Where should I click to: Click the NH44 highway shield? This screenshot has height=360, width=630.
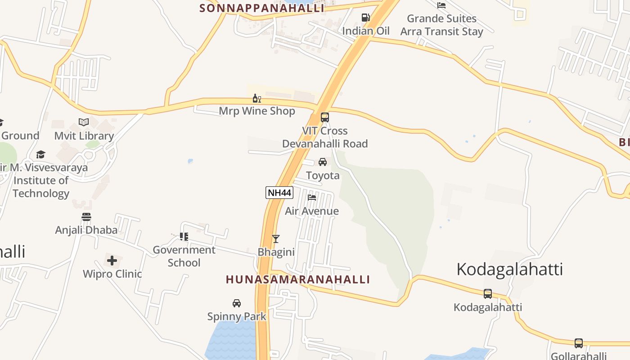[279, 193]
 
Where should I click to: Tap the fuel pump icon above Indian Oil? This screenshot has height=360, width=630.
[365, 18]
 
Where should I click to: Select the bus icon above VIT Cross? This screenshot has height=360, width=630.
[324, 117]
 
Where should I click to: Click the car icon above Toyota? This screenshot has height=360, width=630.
[323, 162]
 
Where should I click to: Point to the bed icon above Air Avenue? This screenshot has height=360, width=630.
[311, 197]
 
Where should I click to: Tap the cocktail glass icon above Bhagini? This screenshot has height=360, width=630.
[276, 238]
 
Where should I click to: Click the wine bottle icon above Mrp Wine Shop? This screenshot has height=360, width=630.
[256, 98]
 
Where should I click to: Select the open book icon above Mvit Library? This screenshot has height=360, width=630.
[84, 122]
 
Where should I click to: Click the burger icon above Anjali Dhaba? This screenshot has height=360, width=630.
[86, 216]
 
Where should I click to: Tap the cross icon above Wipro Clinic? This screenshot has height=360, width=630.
[112, 260]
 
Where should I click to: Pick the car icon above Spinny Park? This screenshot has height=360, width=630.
[237, 303]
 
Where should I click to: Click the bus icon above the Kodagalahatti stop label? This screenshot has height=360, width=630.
[487, 294]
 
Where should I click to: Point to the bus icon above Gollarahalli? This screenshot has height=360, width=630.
[579, 343]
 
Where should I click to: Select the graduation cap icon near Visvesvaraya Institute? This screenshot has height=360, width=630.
[41, 154]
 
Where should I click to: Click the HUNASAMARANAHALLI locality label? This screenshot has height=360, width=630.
[298, 279]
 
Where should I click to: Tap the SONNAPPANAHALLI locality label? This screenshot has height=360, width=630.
[262, 8]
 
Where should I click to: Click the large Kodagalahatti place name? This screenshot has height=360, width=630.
[509, 269]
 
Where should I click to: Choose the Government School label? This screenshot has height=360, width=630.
[184, 256]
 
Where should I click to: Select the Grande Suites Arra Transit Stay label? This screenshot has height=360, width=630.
[441, 25]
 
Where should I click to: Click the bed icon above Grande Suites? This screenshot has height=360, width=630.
[441, 5]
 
